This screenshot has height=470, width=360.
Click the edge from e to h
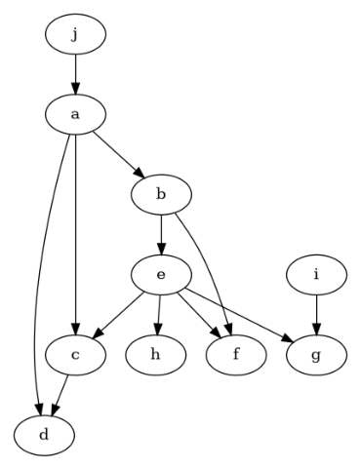click(158, 315)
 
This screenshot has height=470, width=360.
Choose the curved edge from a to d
click(47, 273)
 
